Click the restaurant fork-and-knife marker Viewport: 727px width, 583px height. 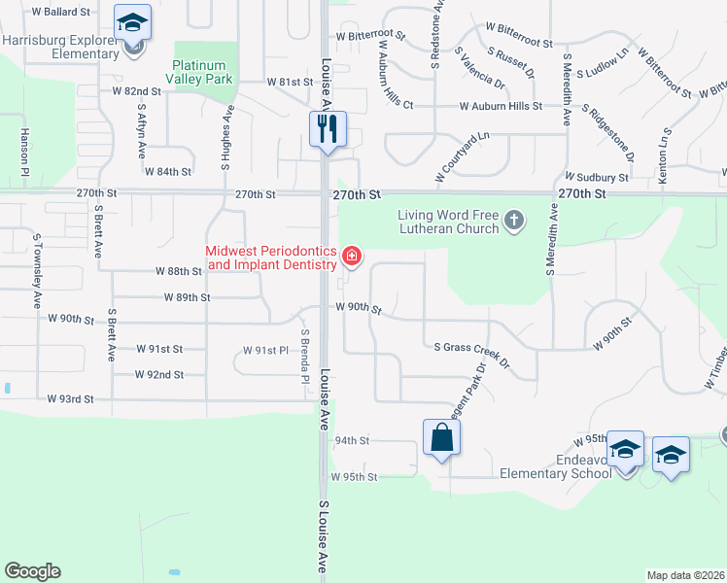(x=328, y=128)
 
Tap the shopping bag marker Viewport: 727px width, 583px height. (x=442, y=437)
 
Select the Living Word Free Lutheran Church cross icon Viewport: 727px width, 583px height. (x=514, y=223)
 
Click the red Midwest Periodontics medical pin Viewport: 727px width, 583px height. (x=351, y=257)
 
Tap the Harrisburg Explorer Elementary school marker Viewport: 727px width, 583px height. (x=132, y=23)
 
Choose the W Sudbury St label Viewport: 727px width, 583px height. (x=597, y=178)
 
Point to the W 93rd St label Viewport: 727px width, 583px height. (x=70, y=399)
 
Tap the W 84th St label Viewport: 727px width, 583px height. (x=167, y=172)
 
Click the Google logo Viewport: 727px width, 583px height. (x=32, y=571)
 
